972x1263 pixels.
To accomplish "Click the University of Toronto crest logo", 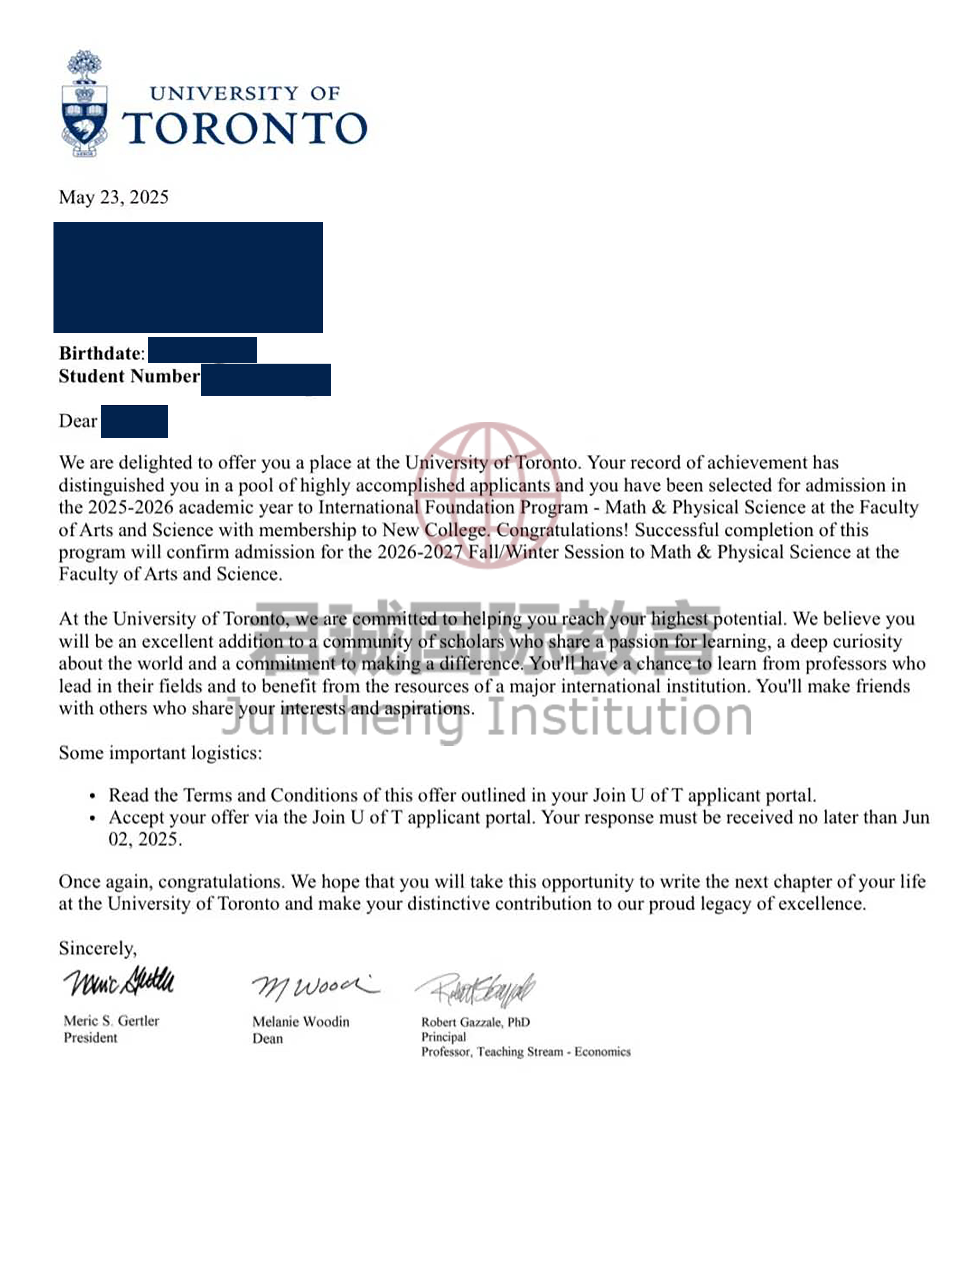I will click(85, 104).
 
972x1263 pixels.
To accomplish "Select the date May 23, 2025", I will click(113, 197).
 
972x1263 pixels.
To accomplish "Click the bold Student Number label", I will click(128, 377).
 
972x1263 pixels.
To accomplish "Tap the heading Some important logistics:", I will click(160, 753).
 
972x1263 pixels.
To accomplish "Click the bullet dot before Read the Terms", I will click(93, 796).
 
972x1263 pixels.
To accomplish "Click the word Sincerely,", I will click(97, 948).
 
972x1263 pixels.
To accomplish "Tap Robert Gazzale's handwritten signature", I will click(476, 989).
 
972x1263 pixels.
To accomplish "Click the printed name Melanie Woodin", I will click(300, 1022).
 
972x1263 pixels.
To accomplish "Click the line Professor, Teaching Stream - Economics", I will click(525, 1052).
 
